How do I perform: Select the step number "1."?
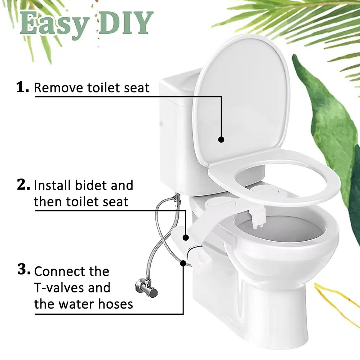point(22,87)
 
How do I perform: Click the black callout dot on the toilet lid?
point(221,139)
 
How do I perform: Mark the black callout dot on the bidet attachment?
point(186,237)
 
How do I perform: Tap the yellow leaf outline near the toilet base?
point(333,300)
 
